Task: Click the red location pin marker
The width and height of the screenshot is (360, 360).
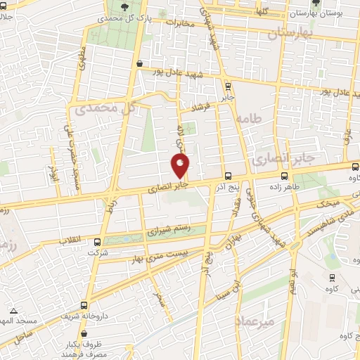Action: [181, 166]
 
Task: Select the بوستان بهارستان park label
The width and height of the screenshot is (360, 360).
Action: [330, 13]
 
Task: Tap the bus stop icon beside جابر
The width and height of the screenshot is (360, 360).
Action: [227, 86]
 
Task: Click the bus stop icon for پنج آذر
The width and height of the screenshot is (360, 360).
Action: [227, 176]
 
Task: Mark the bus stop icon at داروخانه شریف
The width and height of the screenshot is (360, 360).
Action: [84, 305]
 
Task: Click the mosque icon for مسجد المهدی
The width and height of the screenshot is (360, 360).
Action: [13, 310]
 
